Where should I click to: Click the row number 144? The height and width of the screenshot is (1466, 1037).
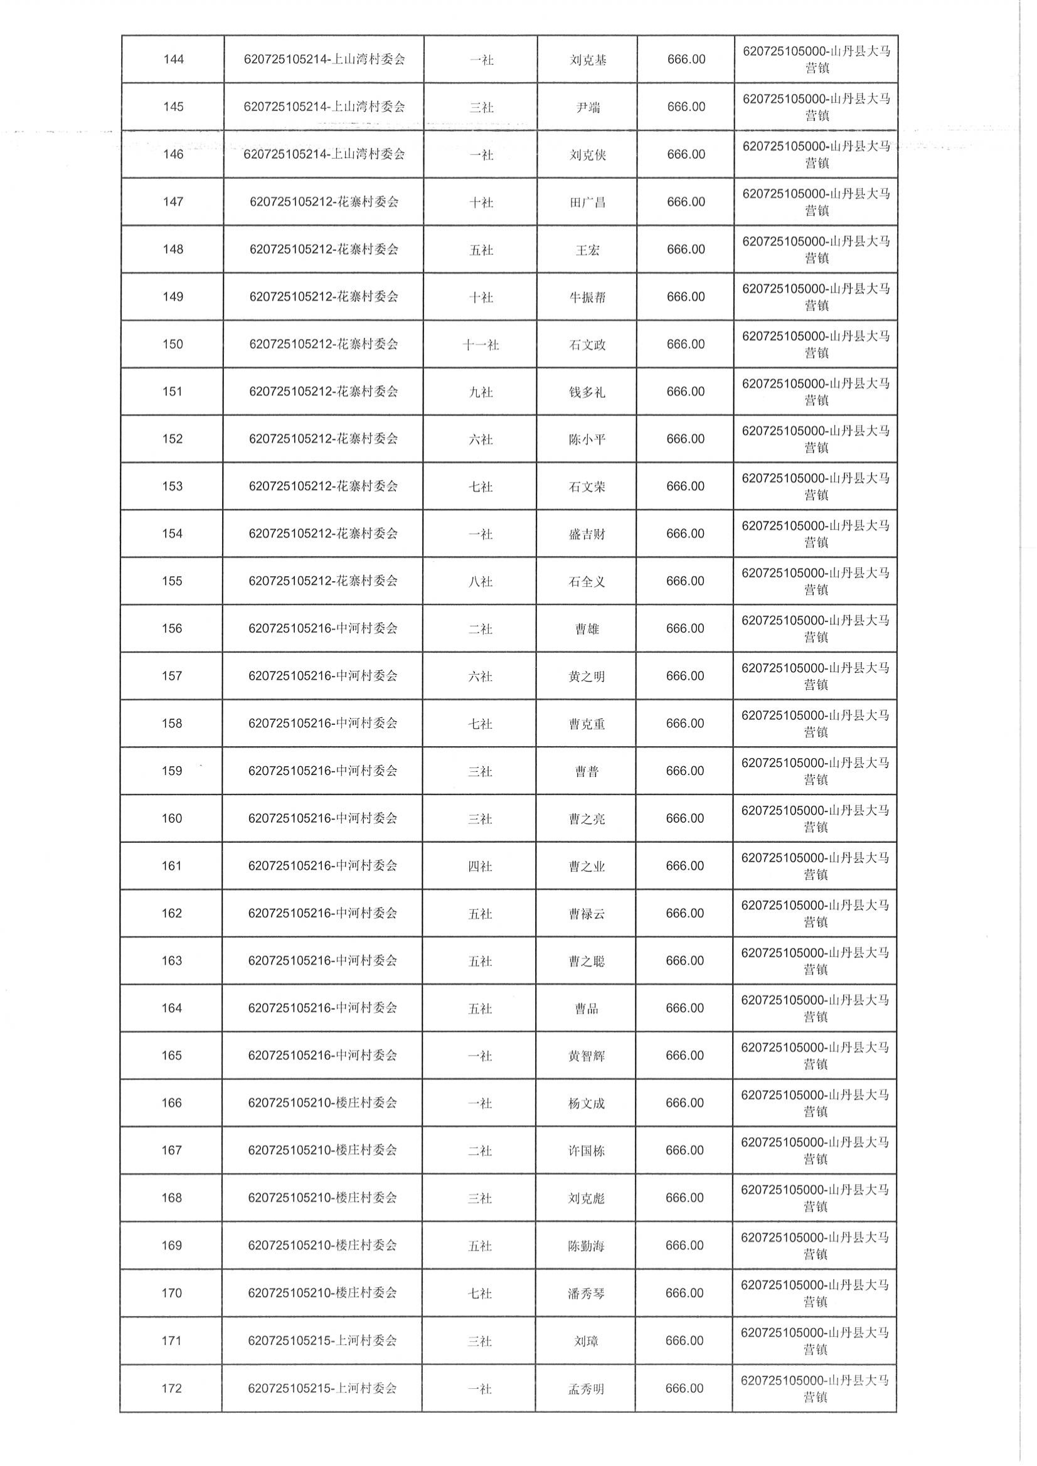[174, 60]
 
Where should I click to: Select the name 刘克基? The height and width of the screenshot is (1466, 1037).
[587, 61]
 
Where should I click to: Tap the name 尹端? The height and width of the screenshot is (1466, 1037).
[587, 108]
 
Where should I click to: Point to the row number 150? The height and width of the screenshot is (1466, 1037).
[173, 345]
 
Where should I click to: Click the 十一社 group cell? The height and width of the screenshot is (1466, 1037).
[481, 345]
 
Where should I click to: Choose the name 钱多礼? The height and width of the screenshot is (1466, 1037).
[587, 392]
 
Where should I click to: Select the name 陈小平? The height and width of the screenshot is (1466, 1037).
[587, 439]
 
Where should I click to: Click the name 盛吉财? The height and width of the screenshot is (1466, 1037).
[587, 534]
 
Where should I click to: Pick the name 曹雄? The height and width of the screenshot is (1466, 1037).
[587, 629]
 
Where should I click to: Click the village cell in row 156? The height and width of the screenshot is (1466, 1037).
[323, 629]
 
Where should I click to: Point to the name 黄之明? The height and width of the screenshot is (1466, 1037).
[587, 677]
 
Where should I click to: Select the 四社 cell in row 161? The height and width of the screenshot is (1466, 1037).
[480, 866]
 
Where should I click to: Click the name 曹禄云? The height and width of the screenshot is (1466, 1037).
[587, 914]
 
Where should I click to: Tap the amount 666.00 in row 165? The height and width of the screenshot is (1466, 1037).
[684, 1056]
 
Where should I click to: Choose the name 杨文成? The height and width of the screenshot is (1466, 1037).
[586, 1103]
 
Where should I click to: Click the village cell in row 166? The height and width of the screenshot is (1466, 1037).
[322, 1103]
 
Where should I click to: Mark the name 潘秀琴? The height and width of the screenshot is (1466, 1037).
[586, 1293]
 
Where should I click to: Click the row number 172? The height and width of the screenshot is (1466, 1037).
[172, 1388]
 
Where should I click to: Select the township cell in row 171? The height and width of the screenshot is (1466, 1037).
[816, 1340]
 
